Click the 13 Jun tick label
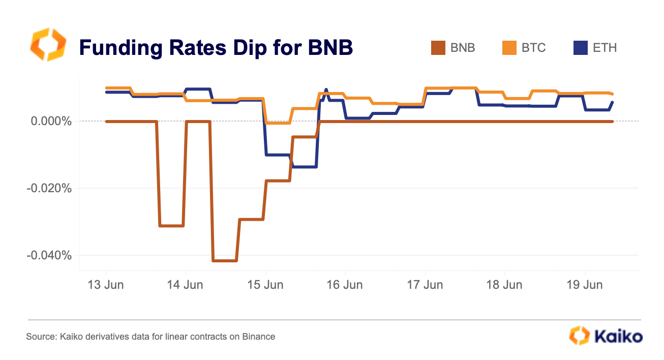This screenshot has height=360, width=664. pos(106,285)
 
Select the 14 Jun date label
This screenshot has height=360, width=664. pos(186,285)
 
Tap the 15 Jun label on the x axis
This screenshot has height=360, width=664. pos(265,285)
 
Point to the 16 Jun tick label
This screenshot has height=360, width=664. pos(345,285)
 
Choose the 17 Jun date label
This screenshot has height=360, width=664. pos(425,285)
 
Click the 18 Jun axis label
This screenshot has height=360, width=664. pos(504,285)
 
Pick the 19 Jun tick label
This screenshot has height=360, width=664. pos(585,285)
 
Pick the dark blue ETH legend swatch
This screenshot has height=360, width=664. pos(580,48)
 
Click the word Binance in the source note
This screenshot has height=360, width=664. pos(259,337)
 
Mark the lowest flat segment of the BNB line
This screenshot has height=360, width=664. pos(225,261)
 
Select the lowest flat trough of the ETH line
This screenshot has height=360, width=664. pos(304,167)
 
